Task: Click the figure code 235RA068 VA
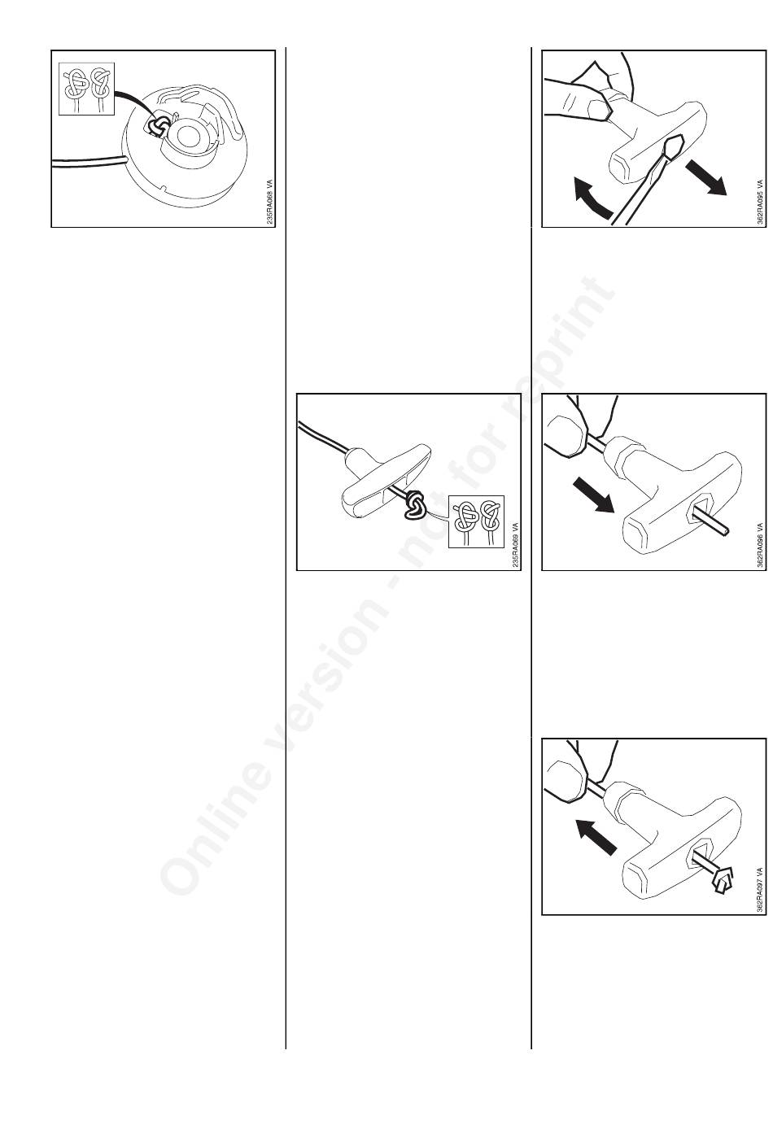[x=270, y=202]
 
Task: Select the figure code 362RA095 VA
[x=761, y=202]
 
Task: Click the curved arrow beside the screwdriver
[x=592, y=198]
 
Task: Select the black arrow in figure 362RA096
[x=594, y=495]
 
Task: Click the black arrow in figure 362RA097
[x=596, y=837]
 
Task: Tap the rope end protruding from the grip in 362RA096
[x=710, y=524]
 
